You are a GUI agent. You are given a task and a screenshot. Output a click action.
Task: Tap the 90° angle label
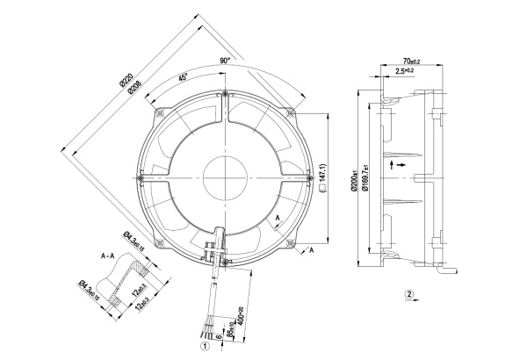coord(225,61)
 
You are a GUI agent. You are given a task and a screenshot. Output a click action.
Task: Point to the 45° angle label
coord(184,78)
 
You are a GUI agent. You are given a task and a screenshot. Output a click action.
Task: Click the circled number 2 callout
coord(408,294)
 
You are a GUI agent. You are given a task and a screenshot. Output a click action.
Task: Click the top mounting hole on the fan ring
coord(226,95)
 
